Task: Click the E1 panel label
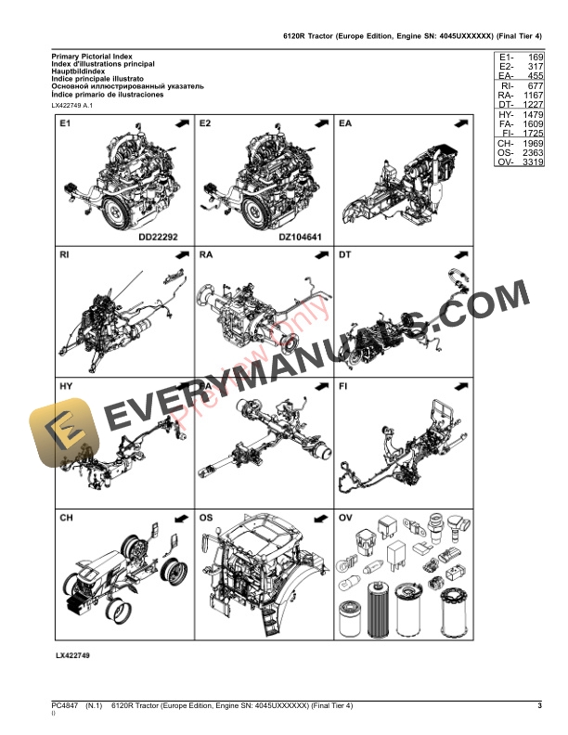pos(64,122)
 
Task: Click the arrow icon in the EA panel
pos(460,122)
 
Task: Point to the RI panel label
pos(64,253)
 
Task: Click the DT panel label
pos(345,253)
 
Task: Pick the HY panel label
pos(65,384)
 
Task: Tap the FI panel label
pos(343,384)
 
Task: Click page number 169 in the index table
pos(535,58)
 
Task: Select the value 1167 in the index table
pos(533,96)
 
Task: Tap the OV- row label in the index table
pos(505,162)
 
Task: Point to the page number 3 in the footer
pos(539,707)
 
